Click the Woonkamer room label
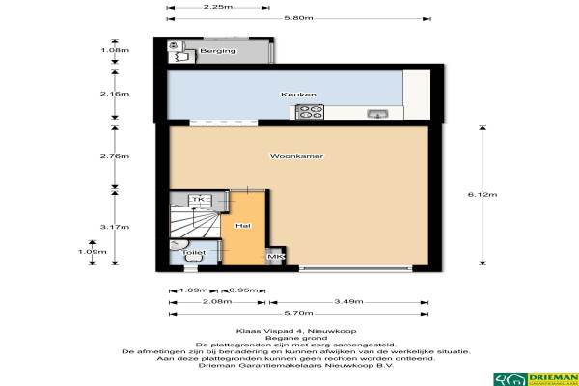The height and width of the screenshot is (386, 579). pyautogui.click(x=296, y=156)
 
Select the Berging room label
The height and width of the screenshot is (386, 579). pyautogui.click(x=218, y=51)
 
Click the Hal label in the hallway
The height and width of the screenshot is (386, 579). pyautogui.click(x=243, y=226)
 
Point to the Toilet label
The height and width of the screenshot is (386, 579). pyautogui.click(x=194, y=252)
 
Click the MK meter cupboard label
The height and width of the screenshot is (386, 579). pyautogui.click(x=275, y=257)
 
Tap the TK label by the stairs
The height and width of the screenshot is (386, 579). pyautogui.click(x=199, y=200)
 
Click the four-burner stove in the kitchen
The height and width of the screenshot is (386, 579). pyautogui.click(x=310, y=112)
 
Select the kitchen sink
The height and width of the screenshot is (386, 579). pyautogui.click(x=377, y=114)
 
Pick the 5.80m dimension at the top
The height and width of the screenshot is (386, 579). pyautogui.click(x=299, y=18)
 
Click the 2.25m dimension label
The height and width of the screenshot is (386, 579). pyautogui.click(x=218, y=7)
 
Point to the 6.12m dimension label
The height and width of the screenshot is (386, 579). pyautogui.click(x=482, y=195)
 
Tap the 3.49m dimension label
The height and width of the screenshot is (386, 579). pyautogui.click(x=348, y=302)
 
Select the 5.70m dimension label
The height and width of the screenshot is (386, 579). pyautogui.click(x=299, y=314)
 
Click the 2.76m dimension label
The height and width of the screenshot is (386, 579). pyautogui.click(x=115, y=156)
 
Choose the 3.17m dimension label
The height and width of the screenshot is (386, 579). pyautogui.click(x=115, y=227)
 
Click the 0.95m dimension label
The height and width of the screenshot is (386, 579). pyautogui.click(x=243, y=290)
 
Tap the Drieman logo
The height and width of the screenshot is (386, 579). pyautogui.click(x=537, y=379)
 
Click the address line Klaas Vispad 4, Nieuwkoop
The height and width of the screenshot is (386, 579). pyautogui.click(x=296, y=331)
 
